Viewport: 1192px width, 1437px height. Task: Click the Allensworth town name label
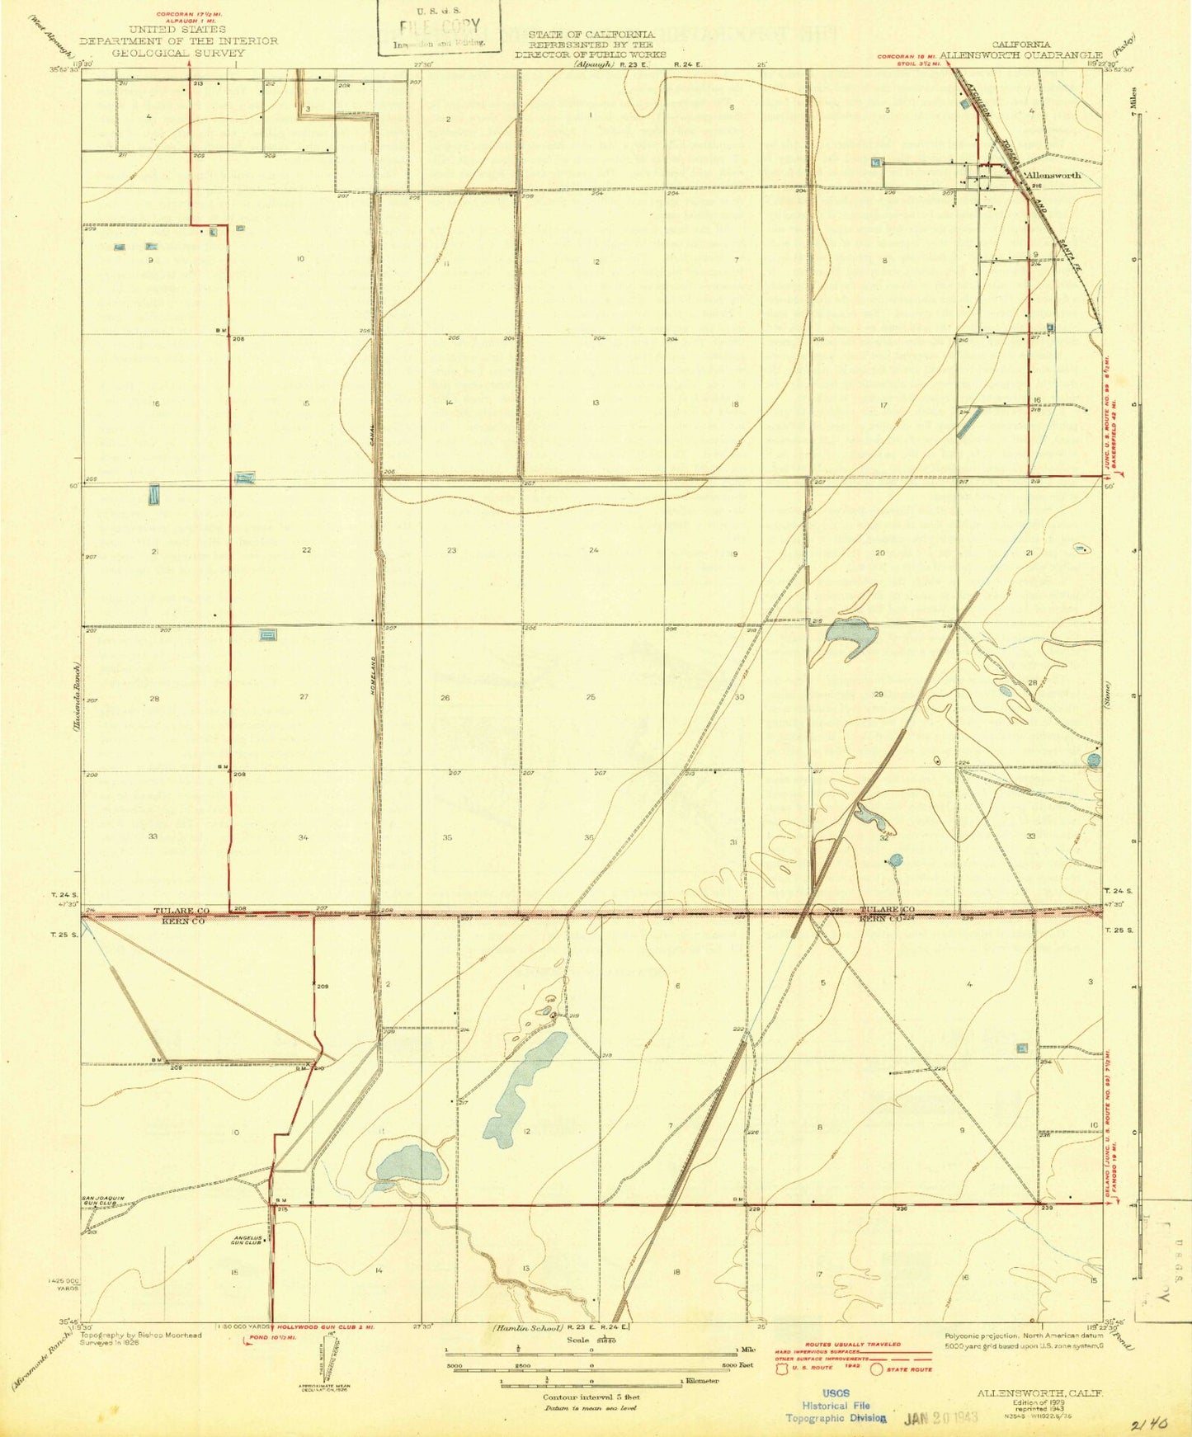click(1051, 176)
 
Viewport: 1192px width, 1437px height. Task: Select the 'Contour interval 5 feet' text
click(591, 1397)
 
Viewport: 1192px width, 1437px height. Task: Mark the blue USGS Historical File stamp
click(837, 1406)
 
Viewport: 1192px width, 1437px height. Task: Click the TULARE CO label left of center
click(182, 910)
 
